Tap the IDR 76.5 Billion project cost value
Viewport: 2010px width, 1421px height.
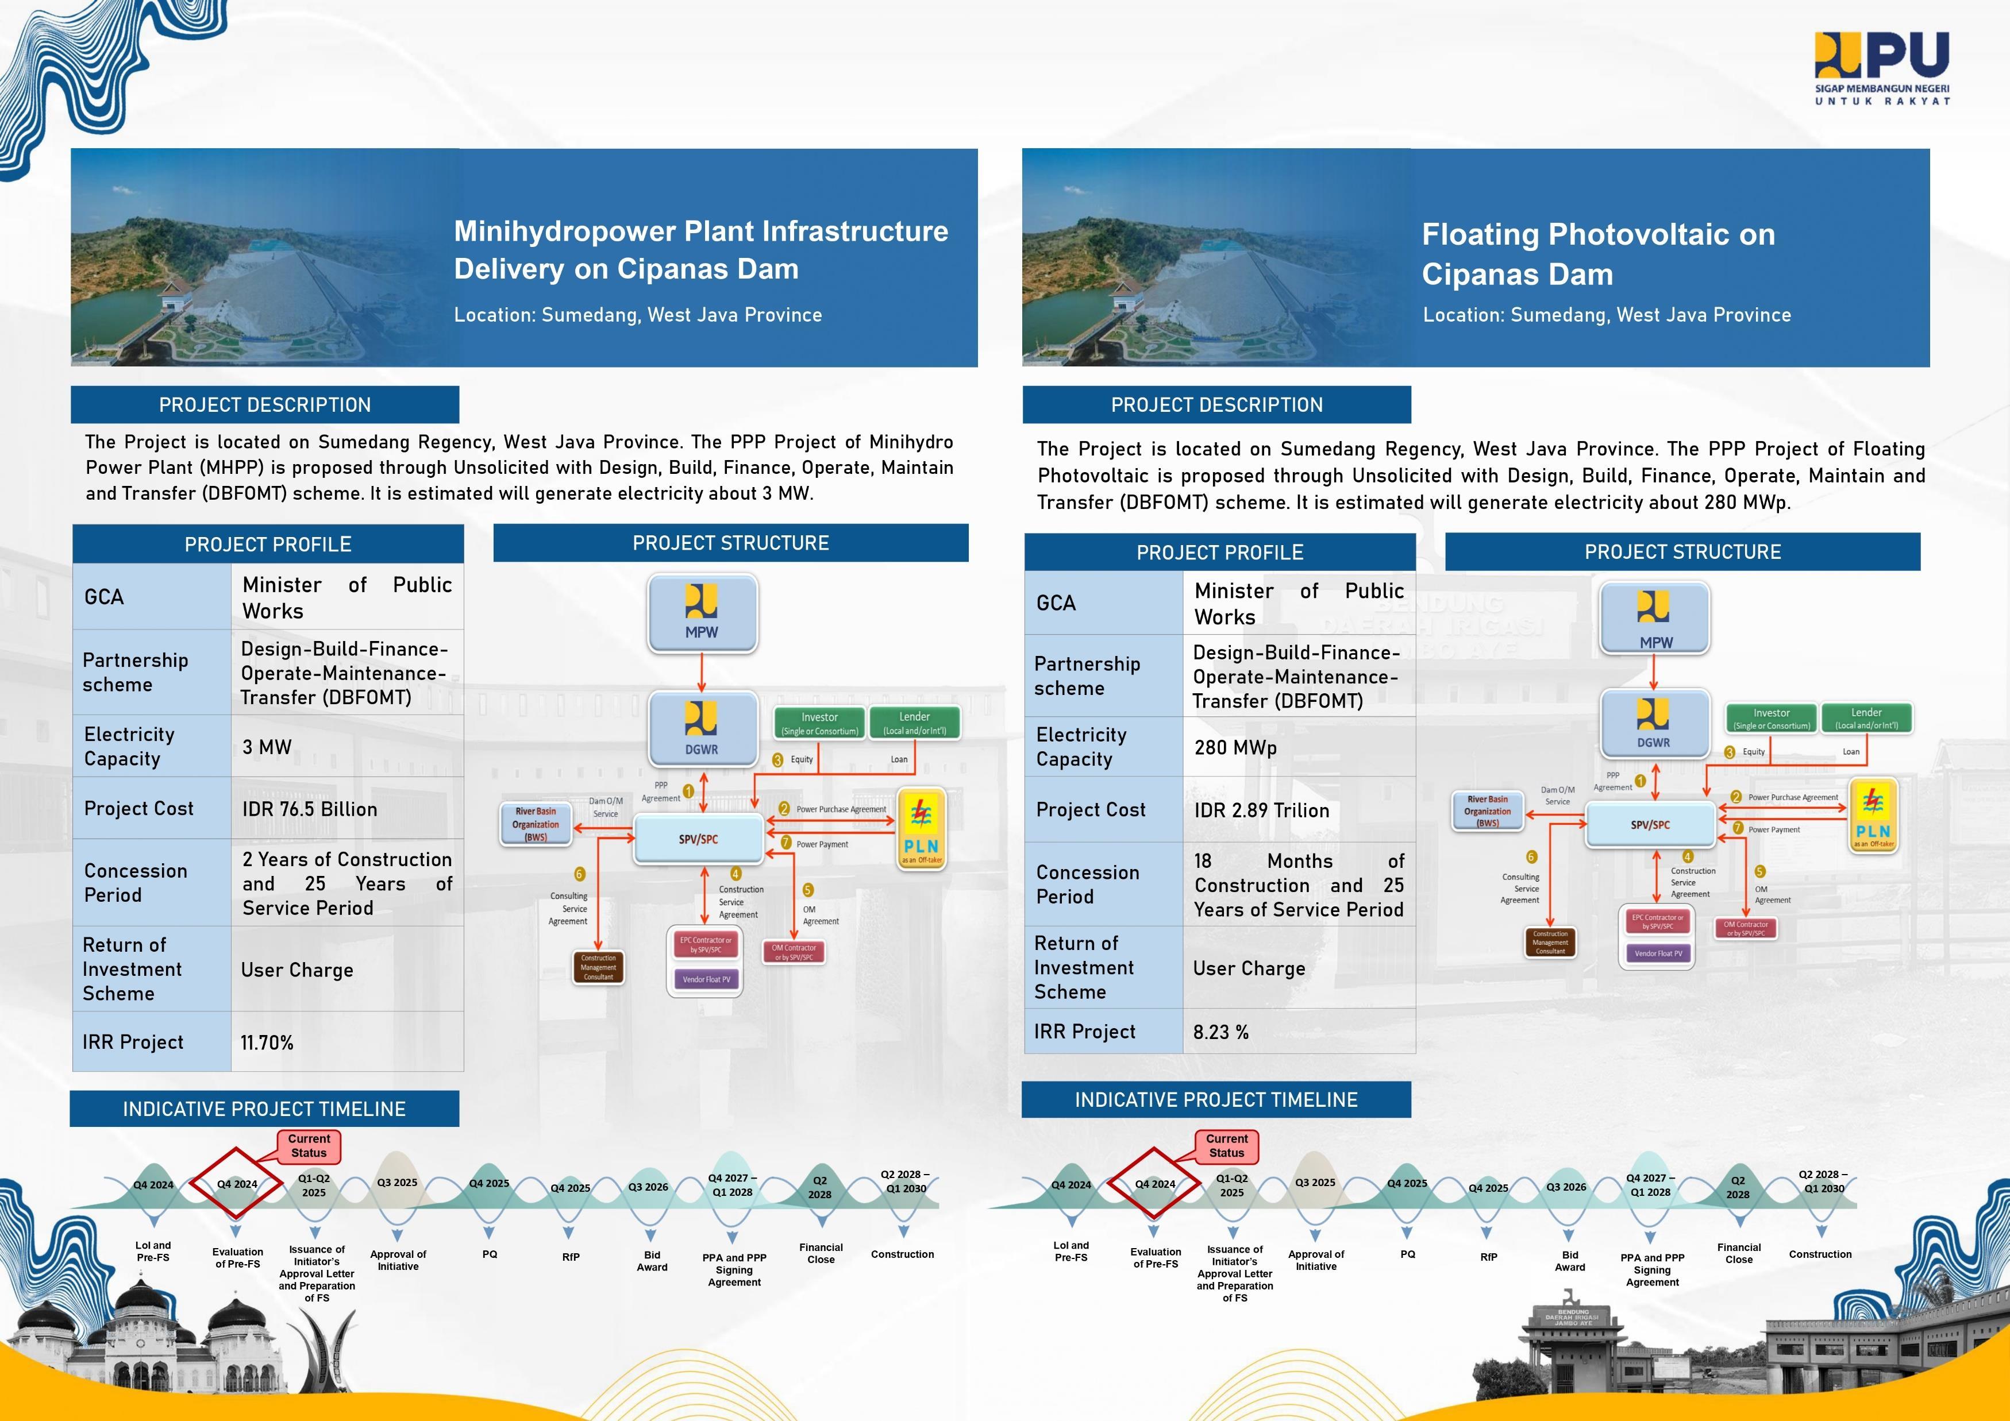coord(310,809)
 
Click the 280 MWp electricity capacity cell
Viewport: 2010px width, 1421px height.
coord(1235,748)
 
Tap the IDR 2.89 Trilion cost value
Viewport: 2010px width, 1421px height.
coord(1261,811)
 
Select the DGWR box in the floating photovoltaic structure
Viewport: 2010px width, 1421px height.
coord(1654,723)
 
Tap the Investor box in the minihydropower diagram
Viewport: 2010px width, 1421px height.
coord(819,723)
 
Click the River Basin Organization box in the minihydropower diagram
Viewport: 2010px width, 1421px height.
coord(536,824)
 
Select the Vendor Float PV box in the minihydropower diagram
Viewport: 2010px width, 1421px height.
coord(706,979)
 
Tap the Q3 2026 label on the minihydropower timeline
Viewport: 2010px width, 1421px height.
coord(648,1187)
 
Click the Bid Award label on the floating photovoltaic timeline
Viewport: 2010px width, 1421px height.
coord(1570,1261)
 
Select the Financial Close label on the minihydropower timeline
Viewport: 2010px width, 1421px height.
coord(821,1254)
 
